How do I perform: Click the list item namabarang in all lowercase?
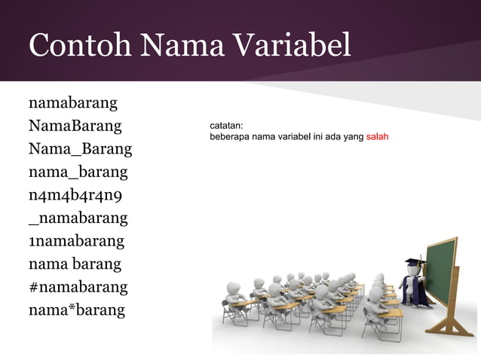click(x=73, y=102)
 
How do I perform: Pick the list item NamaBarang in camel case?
click(x=75, y=126)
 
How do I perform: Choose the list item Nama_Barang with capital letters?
click(x=80, y=149)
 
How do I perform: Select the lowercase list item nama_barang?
click(x=78, y=172)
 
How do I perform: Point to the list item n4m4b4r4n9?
click(x=76, y=196)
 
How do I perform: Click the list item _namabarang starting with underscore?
click(x=78, y=219)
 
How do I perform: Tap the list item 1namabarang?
click(x=76, y=242)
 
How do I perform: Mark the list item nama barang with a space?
click(x=75, y=264)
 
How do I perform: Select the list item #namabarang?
click(x=78, y=287)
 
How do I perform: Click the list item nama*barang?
click(x=76, y=310)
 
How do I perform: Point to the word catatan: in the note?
click(x=226, y=127)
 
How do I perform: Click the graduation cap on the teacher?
click(x=415, y=263)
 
